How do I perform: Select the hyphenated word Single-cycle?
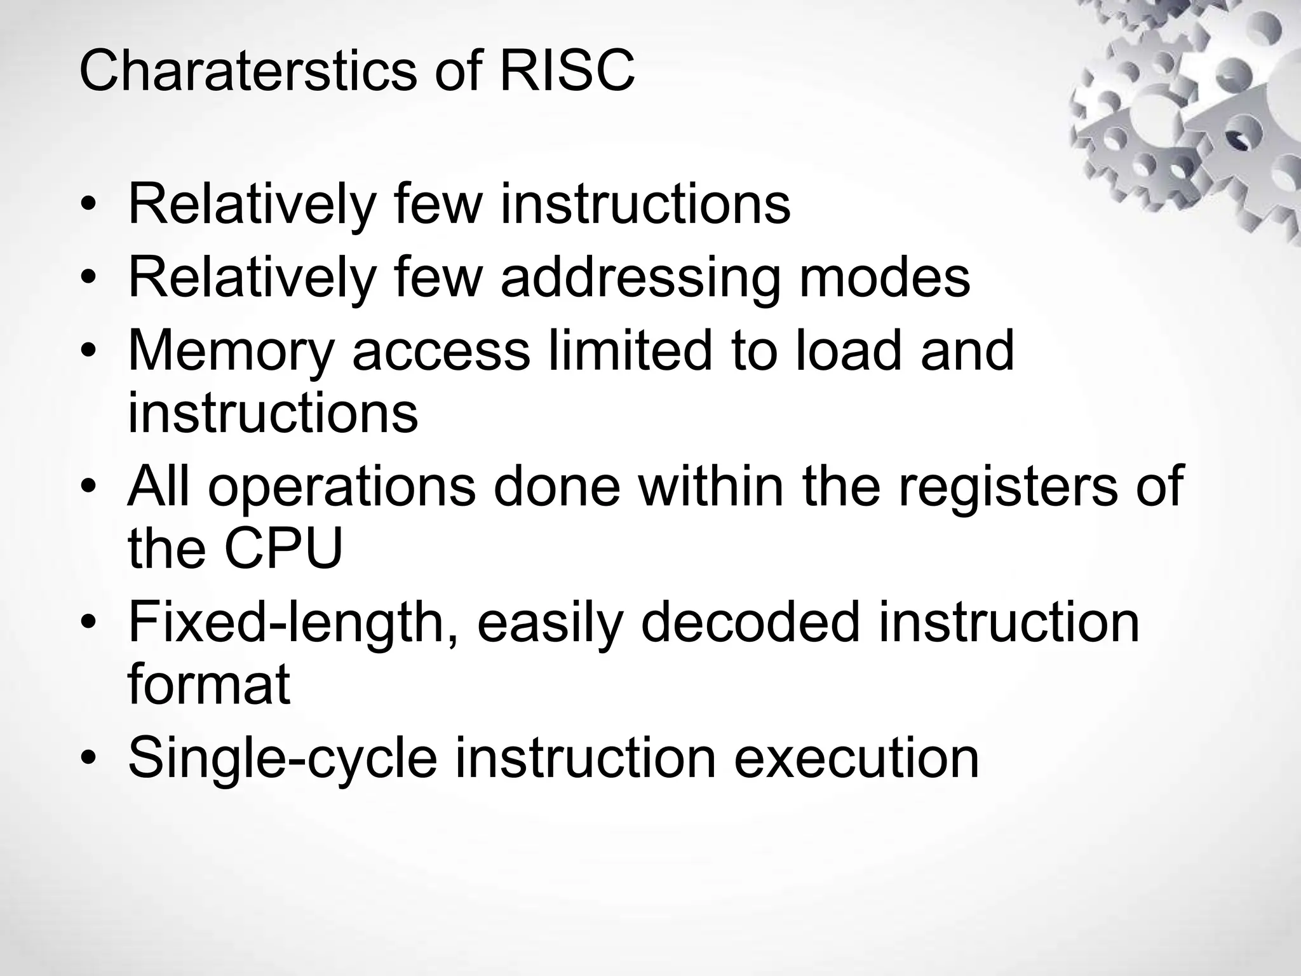tap(283, 759)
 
